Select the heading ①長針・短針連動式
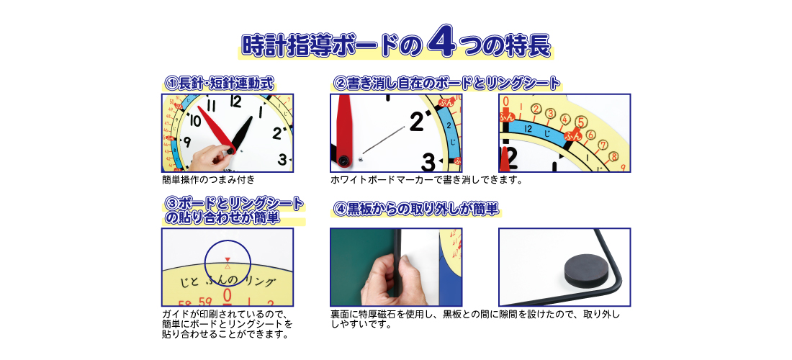(220, 84)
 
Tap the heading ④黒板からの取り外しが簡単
(416, 209)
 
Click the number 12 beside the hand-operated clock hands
(235, 102)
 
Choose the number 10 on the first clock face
(196, 121)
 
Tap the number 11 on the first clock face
(212, 107)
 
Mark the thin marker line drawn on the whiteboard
(384, 139)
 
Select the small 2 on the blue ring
(449, 121)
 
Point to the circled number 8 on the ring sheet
(613, 156)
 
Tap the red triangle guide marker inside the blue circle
(228, 259)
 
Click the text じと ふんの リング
(228, 282)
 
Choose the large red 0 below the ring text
(228, 296)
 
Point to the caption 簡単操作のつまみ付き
(209, 179)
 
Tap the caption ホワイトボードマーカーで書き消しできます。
(426, 179)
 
